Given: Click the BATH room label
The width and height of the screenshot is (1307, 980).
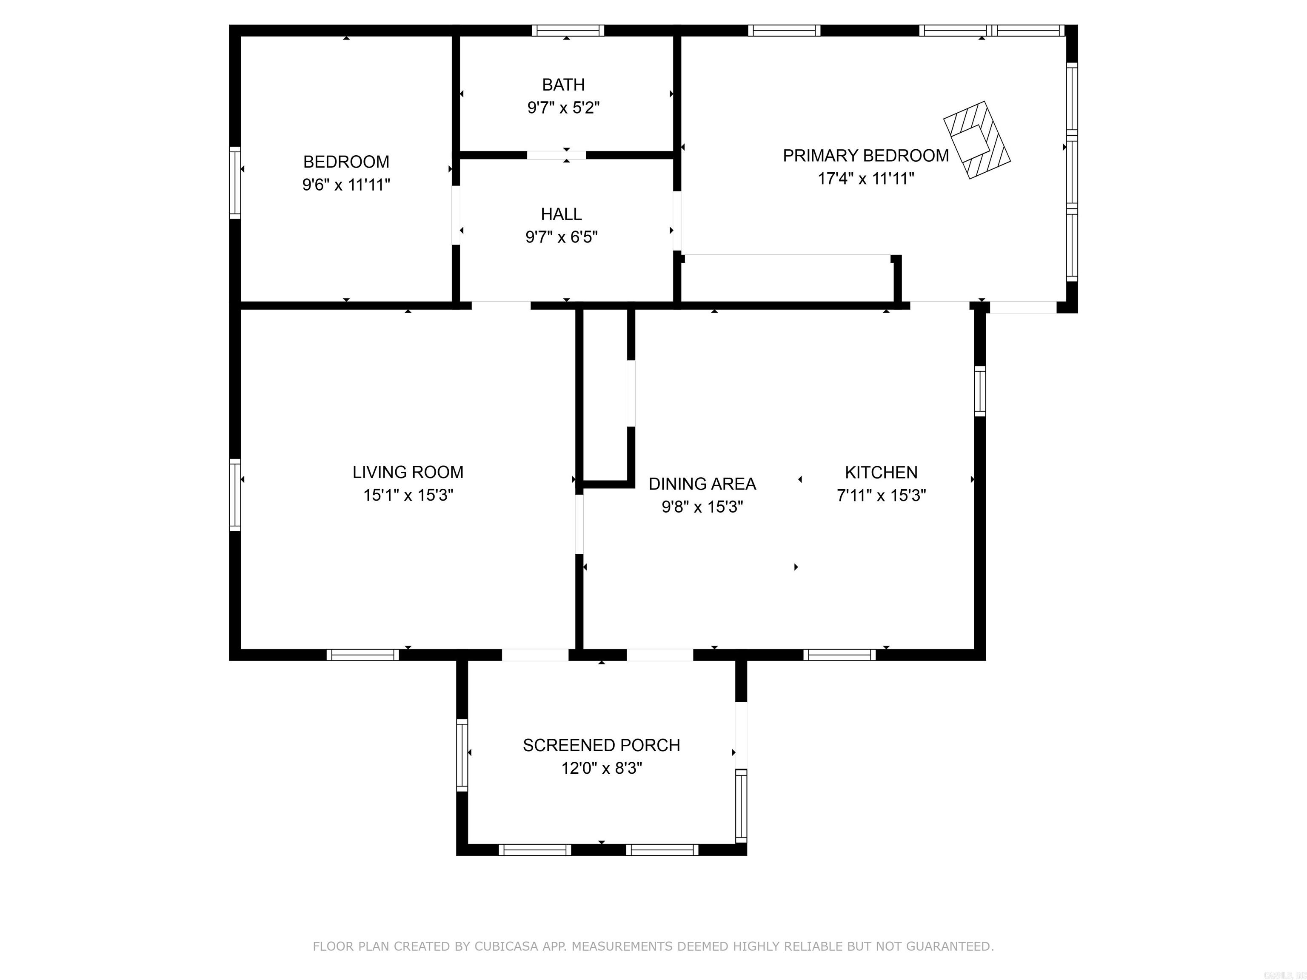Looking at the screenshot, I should pos(563,85).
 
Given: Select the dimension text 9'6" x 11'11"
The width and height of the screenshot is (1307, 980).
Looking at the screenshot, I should pos(346,185).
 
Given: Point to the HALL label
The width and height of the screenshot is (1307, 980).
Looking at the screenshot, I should pos(561,214).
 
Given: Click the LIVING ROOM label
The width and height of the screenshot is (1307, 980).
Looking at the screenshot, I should pos(408,472).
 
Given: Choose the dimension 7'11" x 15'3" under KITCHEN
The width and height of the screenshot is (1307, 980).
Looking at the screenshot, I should pos(881,495).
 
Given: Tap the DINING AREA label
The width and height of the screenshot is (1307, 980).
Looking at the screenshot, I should pos(702,484).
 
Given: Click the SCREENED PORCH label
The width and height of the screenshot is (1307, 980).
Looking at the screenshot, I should pos(601,745).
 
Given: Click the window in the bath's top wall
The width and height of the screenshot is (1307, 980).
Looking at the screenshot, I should pos(567,31).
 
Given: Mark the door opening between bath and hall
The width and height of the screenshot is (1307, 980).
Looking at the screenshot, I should pos(556,155).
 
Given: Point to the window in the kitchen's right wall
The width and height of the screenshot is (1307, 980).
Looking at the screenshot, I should pos(980,391).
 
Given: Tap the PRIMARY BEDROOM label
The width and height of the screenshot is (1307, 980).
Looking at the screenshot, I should pos(866,155).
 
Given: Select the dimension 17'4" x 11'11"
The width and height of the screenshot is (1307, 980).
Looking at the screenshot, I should pos(866,178).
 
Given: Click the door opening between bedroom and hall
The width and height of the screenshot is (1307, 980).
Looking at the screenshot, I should pos(456,216).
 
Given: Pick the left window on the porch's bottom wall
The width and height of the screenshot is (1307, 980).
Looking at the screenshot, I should pos(535,849).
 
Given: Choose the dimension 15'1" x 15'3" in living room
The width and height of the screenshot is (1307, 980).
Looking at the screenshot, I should pos(408,495).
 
